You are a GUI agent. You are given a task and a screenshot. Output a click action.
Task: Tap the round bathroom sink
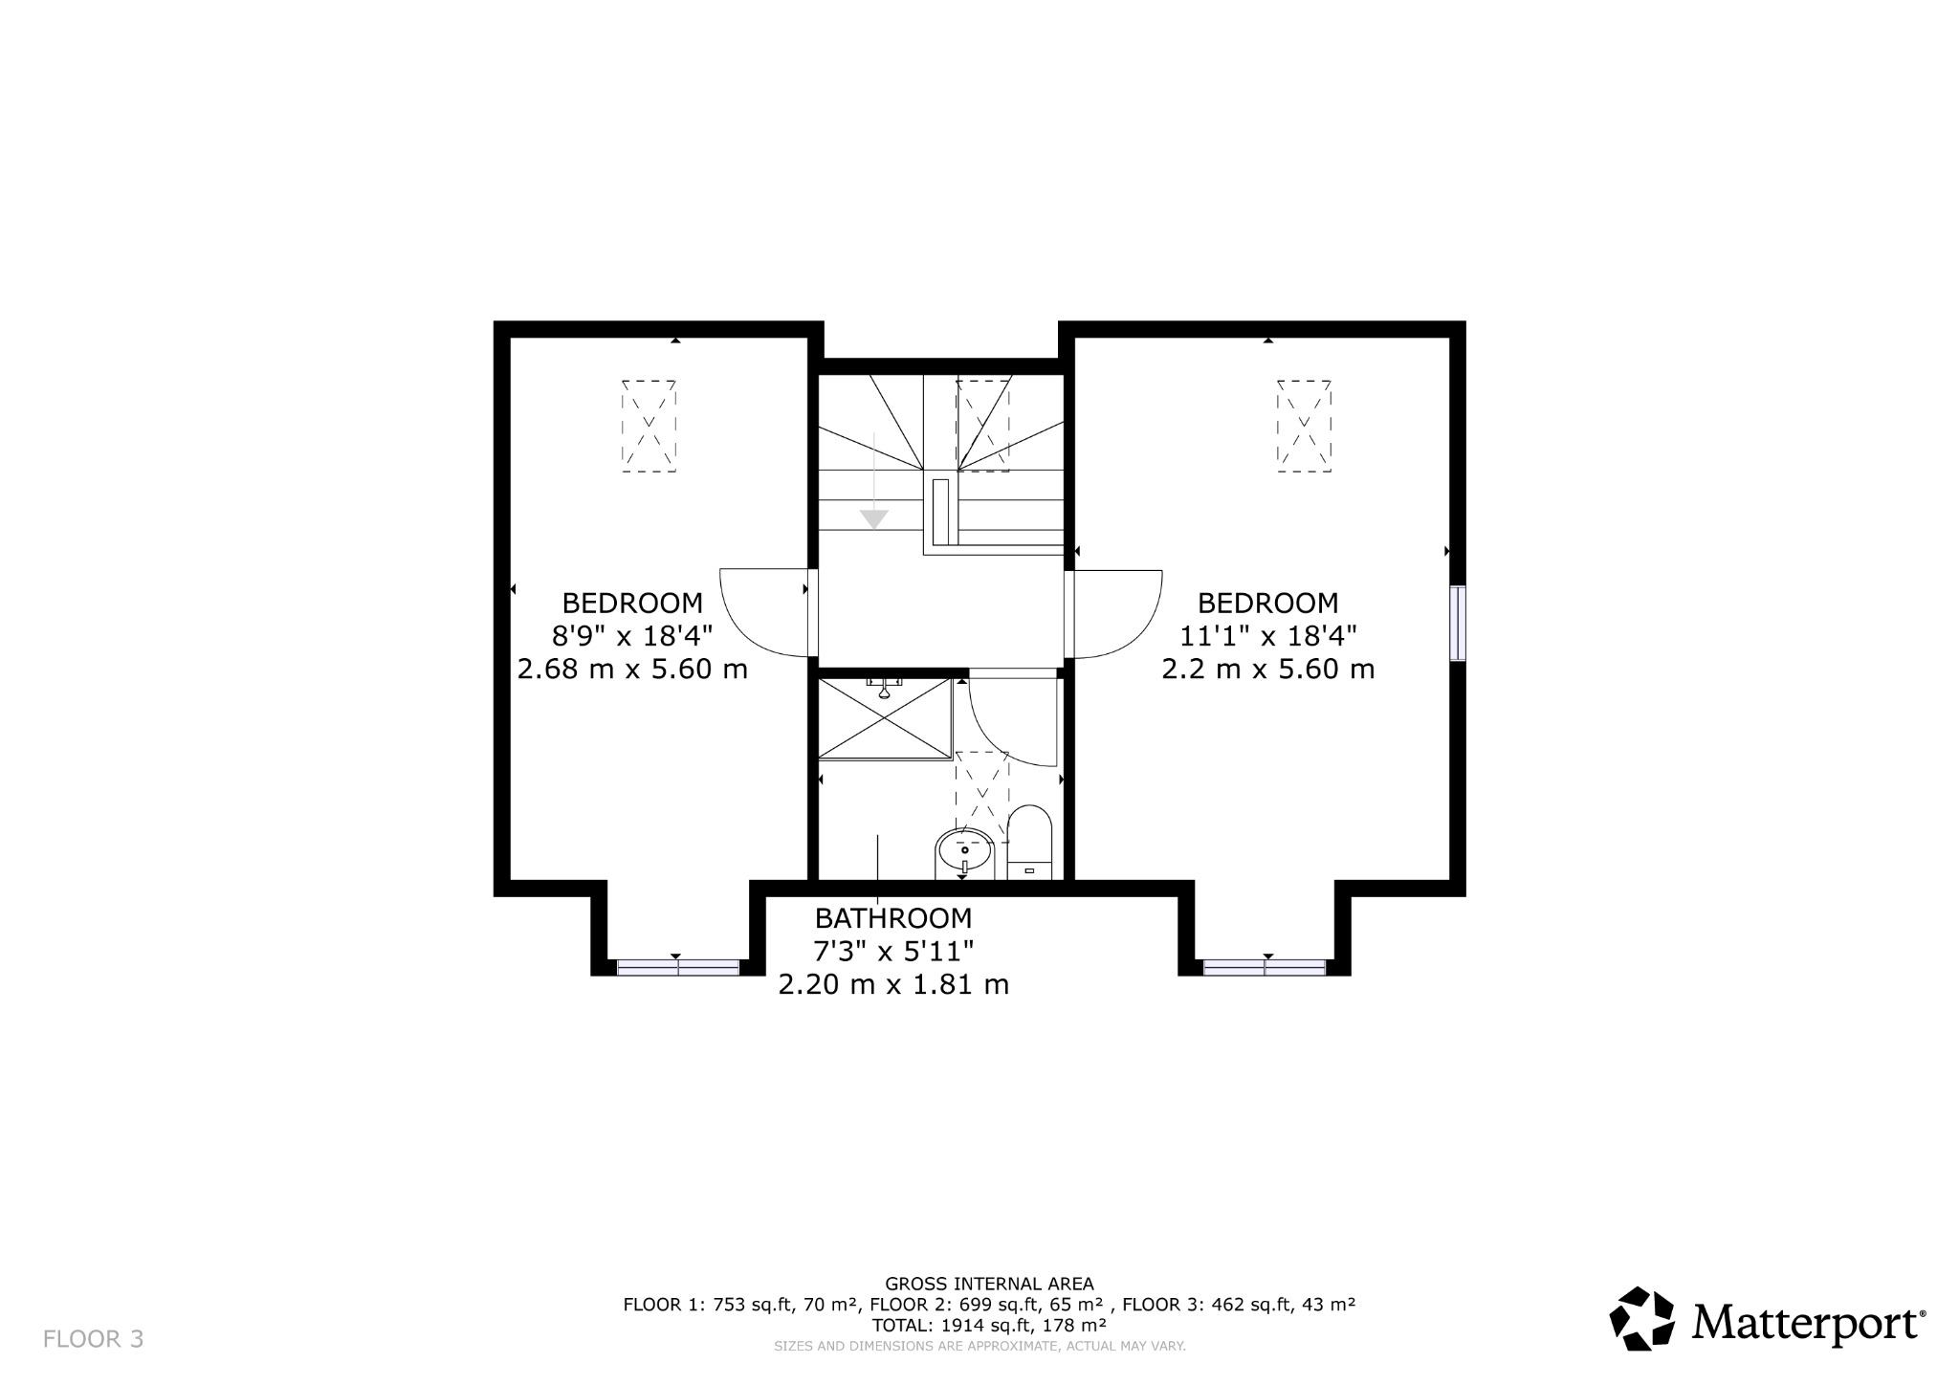click(x=964, y=850)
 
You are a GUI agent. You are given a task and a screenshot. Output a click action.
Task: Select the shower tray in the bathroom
click(x=886, y=718)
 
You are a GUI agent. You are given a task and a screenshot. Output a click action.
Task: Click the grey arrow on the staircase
click(x=873, y=518)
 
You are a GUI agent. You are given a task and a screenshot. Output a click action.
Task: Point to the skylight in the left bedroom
click(x=649, y=426)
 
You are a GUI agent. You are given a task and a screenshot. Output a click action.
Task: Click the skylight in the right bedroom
click(x=1304, y=426)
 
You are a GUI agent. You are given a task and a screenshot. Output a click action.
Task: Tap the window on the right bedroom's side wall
click(x=1457, y=623)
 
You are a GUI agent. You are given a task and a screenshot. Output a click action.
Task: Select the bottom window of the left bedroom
click(x=678, y=968)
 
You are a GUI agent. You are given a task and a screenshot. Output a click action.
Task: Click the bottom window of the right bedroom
click(x=1265, y=968)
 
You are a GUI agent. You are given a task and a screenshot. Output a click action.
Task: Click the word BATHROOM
click(x=893, y=918)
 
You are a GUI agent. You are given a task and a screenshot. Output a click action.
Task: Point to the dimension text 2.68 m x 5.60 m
click(x=632, y=669)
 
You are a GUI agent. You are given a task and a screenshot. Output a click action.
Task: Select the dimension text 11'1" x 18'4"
click(x=1268, y=636)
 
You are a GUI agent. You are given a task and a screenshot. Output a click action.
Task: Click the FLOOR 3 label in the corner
click(x=94, y=1339)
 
